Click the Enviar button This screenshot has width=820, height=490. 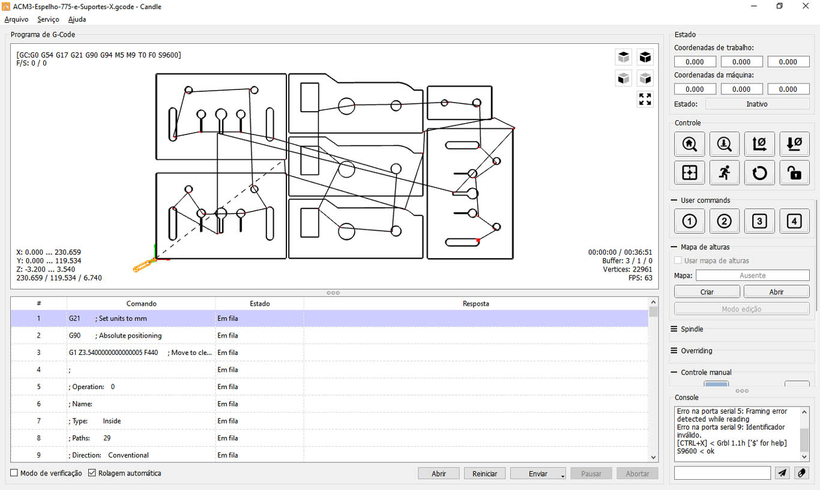538,474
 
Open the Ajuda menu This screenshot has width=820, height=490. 77,19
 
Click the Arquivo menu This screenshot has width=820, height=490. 16,19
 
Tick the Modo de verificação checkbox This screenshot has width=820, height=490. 14,473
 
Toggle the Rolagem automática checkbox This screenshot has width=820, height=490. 92,473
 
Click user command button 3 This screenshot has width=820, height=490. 759,221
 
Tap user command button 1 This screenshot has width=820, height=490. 689,221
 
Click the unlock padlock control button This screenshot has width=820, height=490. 794,172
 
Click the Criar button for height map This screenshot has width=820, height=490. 707,292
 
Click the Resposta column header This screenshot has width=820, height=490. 475,304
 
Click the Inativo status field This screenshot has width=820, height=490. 757,104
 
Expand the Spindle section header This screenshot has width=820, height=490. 692,329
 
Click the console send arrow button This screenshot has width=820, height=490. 782,473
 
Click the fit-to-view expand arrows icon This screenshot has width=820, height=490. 645,99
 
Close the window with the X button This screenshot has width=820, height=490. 806,6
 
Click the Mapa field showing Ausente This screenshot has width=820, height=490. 752,276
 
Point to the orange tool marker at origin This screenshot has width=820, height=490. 143,265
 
